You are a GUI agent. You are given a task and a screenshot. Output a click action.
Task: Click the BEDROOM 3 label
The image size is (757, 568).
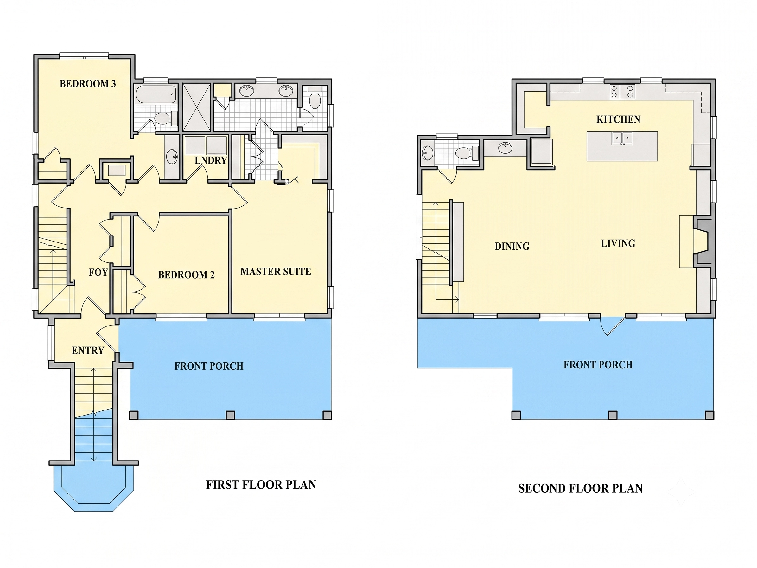coord(88,84)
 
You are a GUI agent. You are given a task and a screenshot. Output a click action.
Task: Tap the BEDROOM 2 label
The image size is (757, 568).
coord(186,274)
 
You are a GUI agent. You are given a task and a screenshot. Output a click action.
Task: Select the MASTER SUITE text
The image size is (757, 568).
coord(276,272)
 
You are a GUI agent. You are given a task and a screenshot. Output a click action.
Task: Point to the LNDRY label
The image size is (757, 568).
coord(211,160)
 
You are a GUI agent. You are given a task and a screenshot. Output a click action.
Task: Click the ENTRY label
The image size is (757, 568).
coord(88,350)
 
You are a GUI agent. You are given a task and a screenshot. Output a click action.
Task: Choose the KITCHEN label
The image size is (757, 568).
coord(618,119)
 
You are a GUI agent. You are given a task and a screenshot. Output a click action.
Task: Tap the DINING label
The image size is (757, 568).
coord(512,246)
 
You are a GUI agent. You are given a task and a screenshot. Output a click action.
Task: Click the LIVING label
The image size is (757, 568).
coord(618,243)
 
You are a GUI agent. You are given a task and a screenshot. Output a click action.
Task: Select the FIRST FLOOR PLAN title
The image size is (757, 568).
coord(261,485)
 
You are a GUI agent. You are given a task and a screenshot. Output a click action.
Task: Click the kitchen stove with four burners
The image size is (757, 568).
coord(622,91)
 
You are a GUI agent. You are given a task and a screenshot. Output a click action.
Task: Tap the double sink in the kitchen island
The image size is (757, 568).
coord(622,139)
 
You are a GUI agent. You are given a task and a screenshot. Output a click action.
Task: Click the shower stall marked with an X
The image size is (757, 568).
coord(197,107)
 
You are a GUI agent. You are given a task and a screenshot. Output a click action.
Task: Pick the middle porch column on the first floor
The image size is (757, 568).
coord(230,415)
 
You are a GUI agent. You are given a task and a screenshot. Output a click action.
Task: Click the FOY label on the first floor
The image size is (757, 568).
coord(98,272)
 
